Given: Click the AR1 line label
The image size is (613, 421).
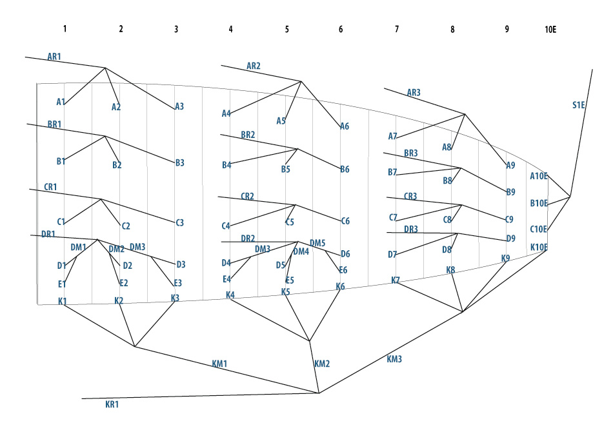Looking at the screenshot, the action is [x=54, y=57].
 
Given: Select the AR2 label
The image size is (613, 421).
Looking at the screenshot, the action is [x=254, y=66].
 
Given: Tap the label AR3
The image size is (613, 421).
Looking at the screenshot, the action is [x=414, y=93].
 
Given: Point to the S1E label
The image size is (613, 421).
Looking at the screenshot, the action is [x=578, y=105].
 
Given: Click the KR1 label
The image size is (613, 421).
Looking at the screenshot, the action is [x=112, y=404].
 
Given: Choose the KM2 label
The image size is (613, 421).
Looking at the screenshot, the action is [x=322, y=364].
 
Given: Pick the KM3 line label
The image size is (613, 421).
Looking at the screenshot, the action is [x=394, y=359].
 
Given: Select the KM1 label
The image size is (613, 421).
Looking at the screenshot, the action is [x=219, y=364].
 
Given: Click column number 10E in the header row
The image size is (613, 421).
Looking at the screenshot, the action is [x=550, y=29].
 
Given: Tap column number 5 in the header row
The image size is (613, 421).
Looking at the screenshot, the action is [x=286, y=29].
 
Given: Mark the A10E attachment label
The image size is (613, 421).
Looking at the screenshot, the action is [x=539, y=176].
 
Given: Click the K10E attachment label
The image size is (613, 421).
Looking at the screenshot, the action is [x=539, y=247].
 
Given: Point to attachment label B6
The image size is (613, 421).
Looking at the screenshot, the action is [x=345, y=169].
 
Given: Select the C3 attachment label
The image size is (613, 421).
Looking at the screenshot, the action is [x=179, y=222].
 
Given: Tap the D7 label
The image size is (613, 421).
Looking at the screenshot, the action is [x=392, y=255].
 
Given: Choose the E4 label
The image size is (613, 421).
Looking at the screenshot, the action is [x=226, y=279].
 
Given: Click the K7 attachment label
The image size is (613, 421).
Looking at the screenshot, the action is [x=396, y=280].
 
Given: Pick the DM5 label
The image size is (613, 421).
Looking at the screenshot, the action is [x=317, y=243].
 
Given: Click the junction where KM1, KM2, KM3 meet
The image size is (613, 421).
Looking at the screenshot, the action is [x=319, y=393].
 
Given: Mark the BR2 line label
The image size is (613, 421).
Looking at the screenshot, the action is [x=248, y=135].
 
